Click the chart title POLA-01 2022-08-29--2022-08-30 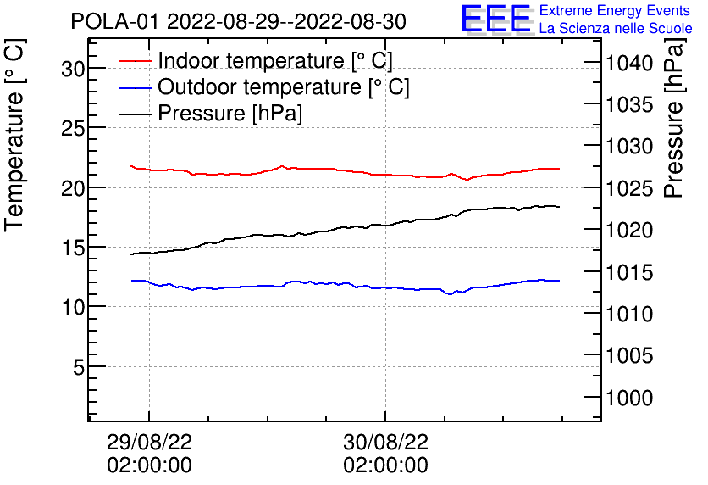click(x=238, y=21)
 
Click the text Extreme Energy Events click(x=616, y=11)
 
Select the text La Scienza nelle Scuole click(x=616, y=29)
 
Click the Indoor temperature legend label click(x=274, y=61)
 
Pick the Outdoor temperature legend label click(x=283, y=87)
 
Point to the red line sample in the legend click(x=136, y=61)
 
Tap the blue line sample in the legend click(x=136, y=87)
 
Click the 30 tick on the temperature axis click(x=74, y=69)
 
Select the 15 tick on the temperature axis click(x=74, y=248)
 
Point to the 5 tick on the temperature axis click(x=79, y=367)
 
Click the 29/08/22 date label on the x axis click(x=149, y=443)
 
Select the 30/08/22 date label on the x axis click(x=385, y=443)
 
